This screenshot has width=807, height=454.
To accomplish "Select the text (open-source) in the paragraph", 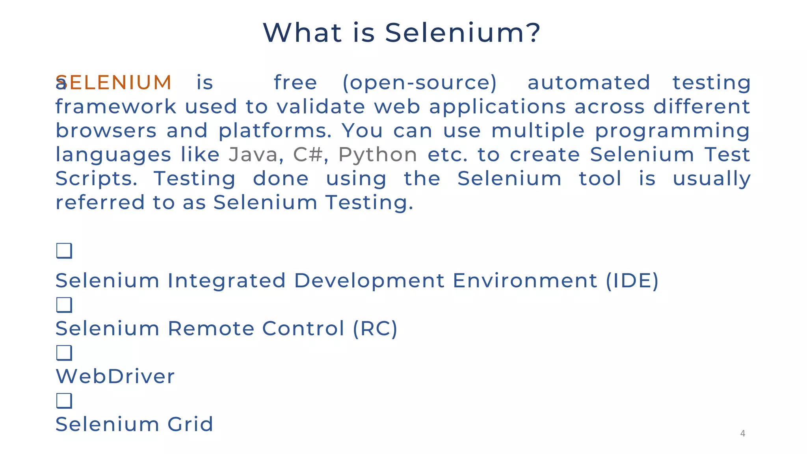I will pos(420,83).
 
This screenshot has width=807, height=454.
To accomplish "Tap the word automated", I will pos(589,83).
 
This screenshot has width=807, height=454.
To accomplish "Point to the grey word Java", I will pos(253,154).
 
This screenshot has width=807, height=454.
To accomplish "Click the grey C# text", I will pos(308,154).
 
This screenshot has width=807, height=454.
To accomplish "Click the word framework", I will pos(116,107).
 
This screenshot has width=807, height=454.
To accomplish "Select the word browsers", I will pos(106,131).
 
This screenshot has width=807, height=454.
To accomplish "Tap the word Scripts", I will pos(96,179).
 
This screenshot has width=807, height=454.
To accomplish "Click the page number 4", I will pos(743,434).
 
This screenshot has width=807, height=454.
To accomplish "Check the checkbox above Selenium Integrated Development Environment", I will pos(64,251).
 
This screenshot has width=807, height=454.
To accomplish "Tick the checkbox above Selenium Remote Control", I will pos(64,305).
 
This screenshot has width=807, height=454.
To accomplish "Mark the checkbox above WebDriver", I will pos(64,353).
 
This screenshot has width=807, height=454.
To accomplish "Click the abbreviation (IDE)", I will pos(632,281).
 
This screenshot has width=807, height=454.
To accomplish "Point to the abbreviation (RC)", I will pos(375,329).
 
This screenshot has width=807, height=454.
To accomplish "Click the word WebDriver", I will pos(115,376).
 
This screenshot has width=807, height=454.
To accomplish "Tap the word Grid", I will pos(190,424).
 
